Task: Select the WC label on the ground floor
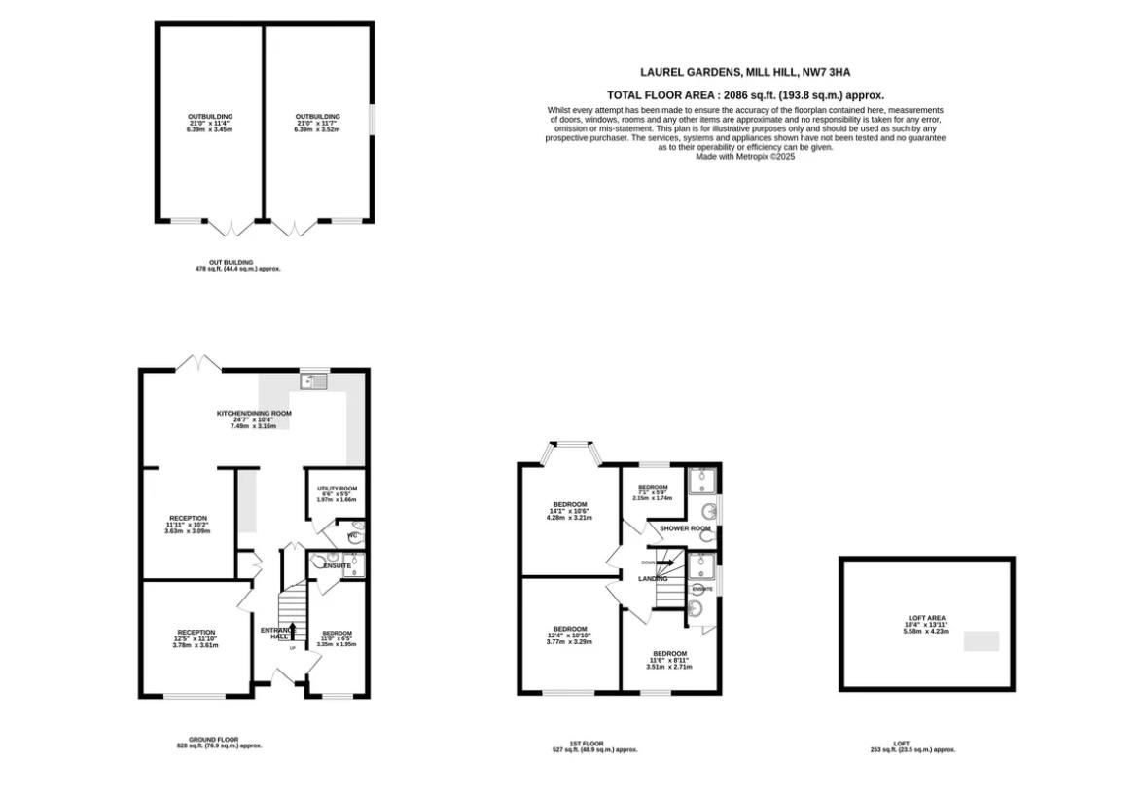pyautogui.click(x=353, y=535)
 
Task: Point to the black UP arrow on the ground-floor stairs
pyautogui.click(x=289, y=633)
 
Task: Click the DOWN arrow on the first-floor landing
pyautogui.click(x=664, y=562)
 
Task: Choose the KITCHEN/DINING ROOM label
pyautogui.click(x=253, y=413)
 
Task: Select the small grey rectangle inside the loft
pyautogui.click(x=981, y=641)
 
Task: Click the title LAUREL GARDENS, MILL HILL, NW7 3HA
pyautogui.click(x=745, y=72)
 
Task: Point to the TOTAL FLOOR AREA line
pyautogui.click(x=745, y=95)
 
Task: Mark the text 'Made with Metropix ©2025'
pyautogui.click(x=745, y=157)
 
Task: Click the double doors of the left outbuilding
pyautogui.click(x=233, y=230)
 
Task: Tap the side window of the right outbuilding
pyautogui.click(x=371, y=122)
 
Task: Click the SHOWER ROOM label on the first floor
pyautogui.click(x=685, y=528)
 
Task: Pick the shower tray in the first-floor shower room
pyautogui.click(x=701, y=482)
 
